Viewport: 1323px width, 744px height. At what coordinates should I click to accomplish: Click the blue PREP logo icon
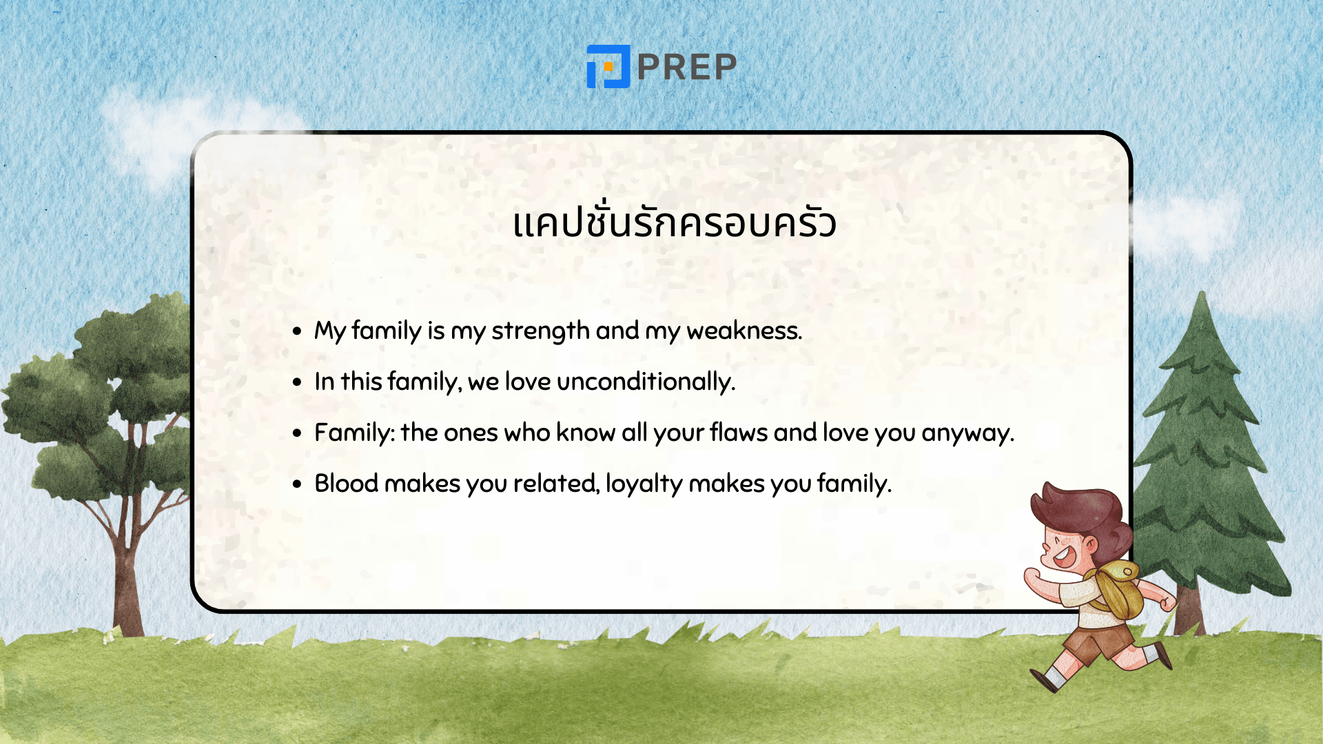pyautogui.click(x=608, y=66)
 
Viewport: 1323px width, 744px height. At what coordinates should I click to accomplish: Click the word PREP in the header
pyautogui.click(x=687, y=67)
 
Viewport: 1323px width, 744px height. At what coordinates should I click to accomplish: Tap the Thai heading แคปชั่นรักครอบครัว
pyautogui.click(x=675, y=223)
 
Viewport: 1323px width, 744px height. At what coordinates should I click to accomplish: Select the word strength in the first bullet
pyautogui.click(x=540, y=331)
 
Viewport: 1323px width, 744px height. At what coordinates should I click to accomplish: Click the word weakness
pyautogui.click(x=744, y=331)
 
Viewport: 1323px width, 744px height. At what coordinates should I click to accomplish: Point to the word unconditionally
pyautogui.click(x=646, y=382)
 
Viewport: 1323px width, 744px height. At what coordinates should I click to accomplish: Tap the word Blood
pyautogui.click(x=347, y=484)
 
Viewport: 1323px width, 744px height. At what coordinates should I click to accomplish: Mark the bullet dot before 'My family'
pyautogui.click(x=297, y=331)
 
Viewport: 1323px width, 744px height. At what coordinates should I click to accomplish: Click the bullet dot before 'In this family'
pyautogui.click(x=297, y=382)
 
